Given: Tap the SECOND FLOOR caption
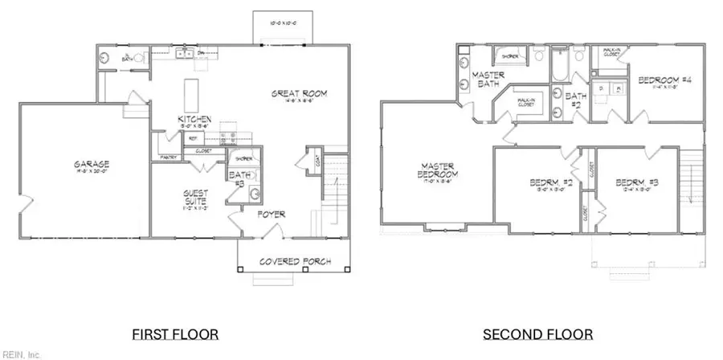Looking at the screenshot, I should click(x=538, y=333).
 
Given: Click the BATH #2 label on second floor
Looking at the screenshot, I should click(x=575, y=100).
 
